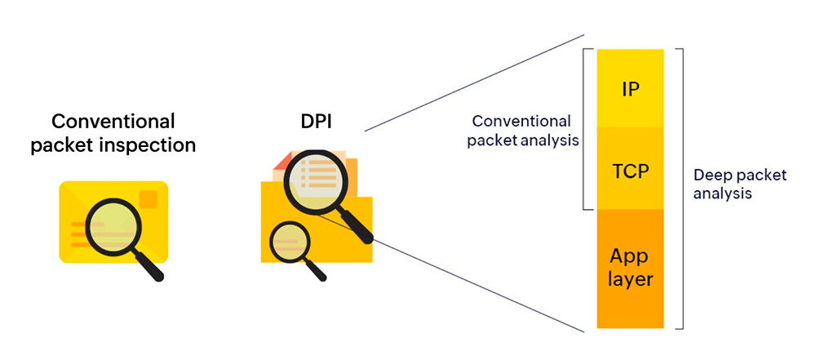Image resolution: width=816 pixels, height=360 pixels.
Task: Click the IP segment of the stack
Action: pyautogui.click(x=630, y=88)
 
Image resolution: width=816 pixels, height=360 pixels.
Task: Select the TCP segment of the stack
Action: pyautogui.click(x=630, y=171)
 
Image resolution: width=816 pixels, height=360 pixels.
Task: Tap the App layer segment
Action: pyautogui.click(x=630, y=268)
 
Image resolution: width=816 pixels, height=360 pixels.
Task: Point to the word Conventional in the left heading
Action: pyautogui.click(x=113, y=122)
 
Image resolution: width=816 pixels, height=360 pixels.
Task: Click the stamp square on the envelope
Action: pyautogui.click(x=149, y=198)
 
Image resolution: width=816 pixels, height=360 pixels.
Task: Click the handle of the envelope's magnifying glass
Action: pyautogui.click(x=149, y=265)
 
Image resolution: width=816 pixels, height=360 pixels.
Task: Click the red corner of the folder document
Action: pyautogui.click(x=280, y=164)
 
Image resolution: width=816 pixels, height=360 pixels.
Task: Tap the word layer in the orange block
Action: pyautogui.click(x=630, y=280)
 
